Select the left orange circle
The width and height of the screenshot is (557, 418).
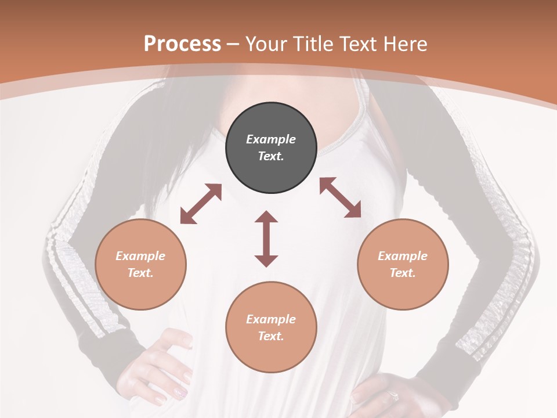(140, 264)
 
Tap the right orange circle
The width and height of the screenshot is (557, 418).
(403, 264)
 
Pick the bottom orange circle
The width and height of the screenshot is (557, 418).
(271, 327)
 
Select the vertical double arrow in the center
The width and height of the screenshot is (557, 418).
(266, 239)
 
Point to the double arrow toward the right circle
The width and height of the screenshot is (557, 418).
(341, 197)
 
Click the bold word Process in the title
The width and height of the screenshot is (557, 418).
(182, 44)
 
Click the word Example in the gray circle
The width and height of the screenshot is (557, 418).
(271, 139)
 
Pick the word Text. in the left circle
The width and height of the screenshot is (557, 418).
(140, 273)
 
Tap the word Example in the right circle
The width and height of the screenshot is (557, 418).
(403, 256)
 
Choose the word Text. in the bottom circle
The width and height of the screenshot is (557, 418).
(271, 336)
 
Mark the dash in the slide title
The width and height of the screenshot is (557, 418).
(233, 44)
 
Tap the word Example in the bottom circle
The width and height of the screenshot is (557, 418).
(271, 319)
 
